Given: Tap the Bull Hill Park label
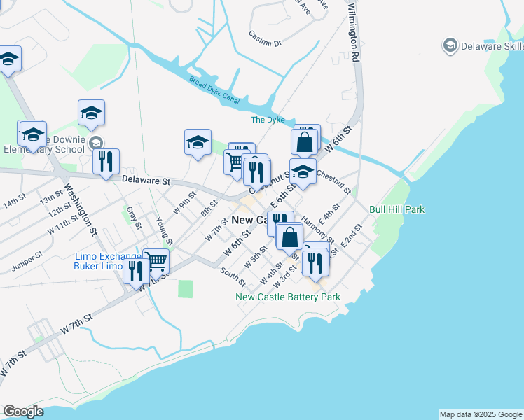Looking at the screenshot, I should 397,209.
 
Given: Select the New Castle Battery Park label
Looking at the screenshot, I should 288,297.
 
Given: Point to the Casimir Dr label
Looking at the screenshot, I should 265,38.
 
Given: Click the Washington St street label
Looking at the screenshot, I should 81,208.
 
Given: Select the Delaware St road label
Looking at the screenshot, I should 146,181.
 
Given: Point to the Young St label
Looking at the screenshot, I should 163,227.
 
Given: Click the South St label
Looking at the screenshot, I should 233,277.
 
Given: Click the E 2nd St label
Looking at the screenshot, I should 352,236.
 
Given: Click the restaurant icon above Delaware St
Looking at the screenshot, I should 106,160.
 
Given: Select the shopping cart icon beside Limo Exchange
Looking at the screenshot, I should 156,260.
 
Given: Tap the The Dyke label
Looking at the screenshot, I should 268,120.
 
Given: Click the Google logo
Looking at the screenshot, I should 23,412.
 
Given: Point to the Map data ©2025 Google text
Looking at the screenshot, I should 481,414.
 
